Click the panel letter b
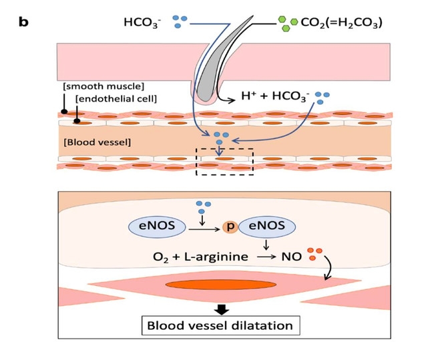tap(23, 22)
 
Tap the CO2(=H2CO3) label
tap(341, 23)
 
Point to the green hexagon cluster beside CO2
tap(287, 23)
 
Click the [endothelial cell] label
tap(116, 99)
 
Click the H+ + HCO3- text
tap(275, 98)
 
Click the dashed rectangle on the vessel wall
tap(224, 160)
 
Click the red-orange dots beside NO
tap(314, 255)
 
